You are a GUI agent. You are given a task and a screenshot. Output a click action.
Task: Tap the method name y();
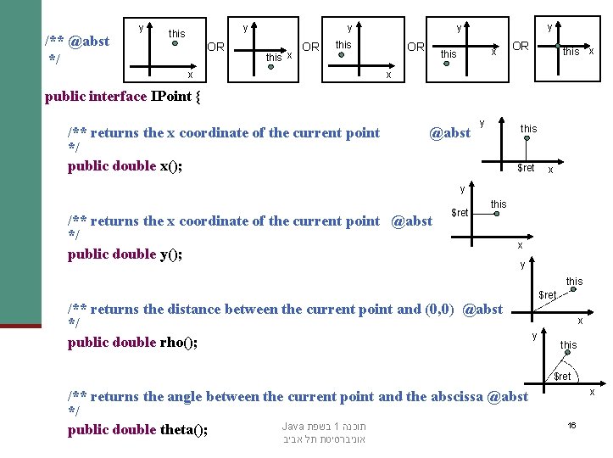[171, 254]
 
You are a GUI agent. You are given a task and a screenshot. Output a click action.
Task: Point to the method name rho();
[178, 342]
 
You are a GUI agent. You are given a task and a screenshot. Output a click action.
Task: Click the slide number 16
[572, 424]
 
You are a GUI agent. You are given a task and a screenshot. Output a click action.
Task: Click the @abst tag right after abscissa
[508, 396]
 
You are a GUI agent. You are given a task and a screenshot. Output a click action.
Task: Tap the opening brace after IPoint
[198, 96]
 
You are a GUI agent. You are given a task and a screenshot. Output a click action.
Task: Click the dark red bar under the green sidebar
[20, 325]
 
